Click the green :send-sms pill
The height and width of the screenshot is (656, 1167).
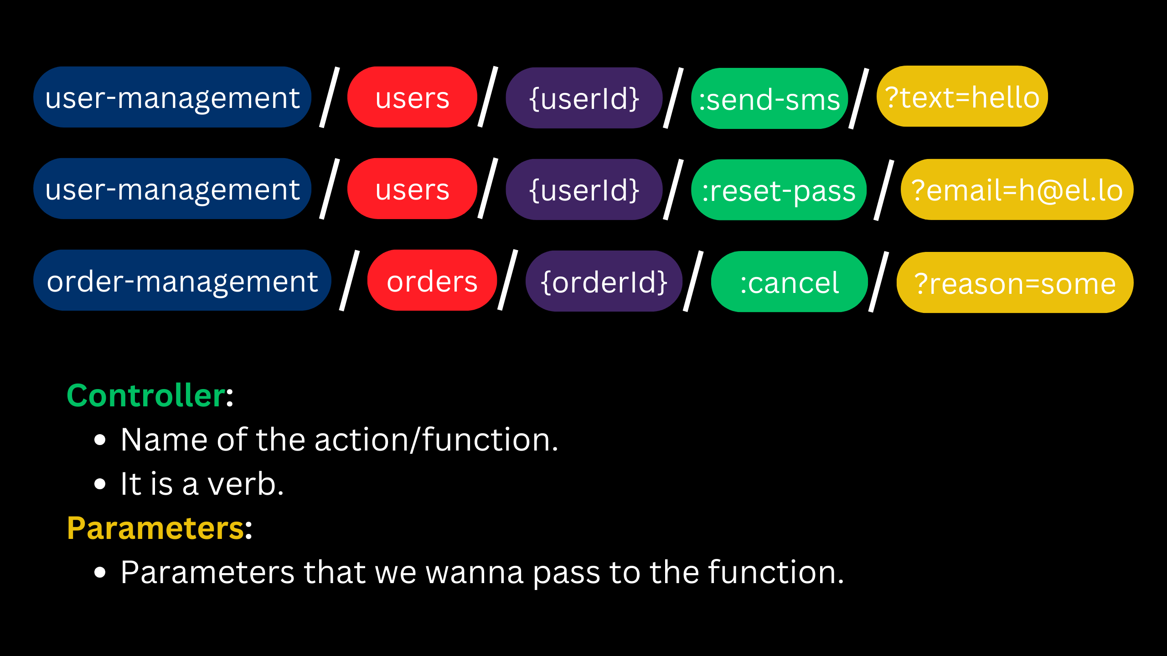769,99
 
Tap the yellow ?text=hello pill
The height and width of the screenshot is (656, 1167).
962,97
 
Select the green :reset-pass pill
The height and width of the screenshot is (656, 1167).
779,190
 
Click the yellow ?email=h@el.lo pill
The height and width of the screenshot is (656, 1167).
1017,190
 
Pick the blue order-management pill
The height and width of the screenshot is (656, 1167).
182,281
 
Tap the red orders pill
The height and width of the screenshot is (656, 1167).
432,281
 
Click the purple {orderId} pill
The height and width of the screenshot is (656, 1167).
604,282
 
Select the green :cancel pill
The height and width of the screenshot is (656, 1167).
789,282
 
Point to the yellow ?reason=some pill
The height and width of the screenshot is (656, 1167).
1015,283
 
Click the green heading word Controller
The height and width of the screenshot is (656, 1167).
146,395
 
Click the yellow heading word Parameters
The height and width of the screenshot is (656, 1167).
155,528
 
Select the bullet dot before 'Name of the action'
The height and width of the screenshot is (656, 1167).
100,440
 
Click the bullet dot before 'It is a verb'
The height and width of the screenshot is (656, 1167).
100,484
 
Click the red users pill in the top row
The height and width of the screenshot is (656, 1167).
412,97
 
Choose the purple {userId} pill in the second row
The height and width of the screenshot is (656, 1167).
584,190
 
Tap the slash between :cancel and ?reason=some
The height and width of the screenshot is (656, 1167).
878,282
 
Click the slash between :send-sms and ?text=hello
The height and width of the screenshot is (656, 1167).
859,98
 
